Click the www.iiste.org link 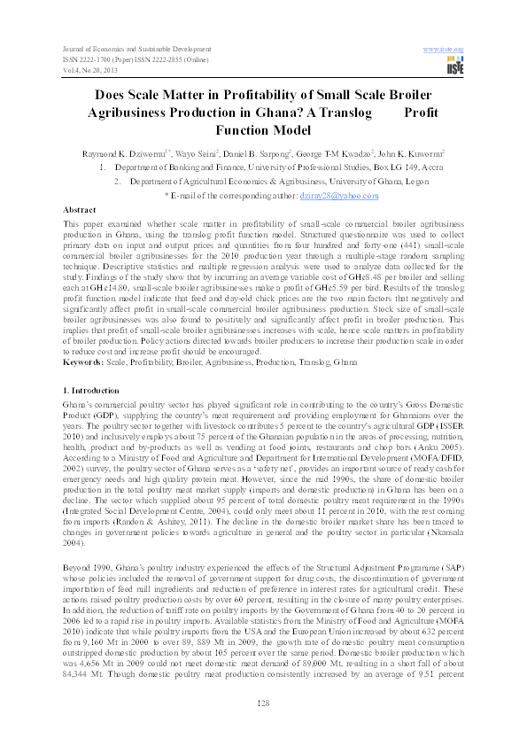[446, 45]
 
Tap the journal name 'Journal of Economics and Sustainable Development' [134, 45]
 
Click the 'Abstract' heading [80, 210]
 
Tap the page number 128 [263, 703]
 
